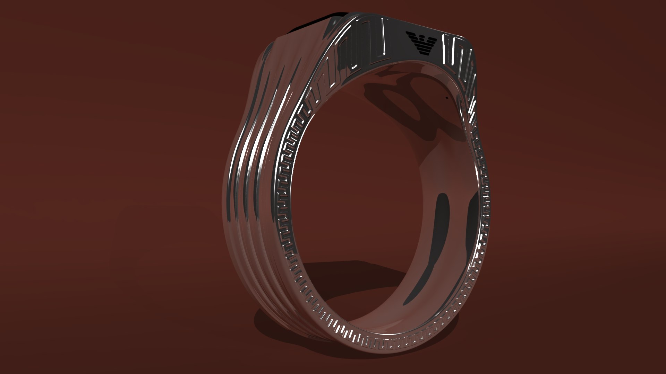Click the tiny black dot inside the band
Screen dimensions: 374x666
point(446,98)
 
